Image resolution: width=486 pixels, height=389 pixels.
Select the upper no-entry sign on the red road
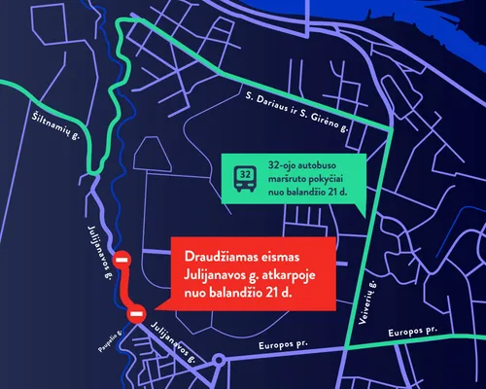click(x=121, y=261)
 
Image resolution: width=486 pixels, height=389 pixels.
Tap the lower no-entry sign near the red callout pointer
click(x=137, y=313)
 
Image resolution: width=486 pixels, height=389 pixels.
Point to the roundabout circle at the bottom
click(x=220, y=360)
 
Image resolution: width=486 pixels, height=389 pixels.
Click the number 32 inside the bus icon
click(x=246, y=174)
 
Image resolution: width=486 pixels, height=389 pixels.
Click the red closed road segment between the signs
click(x=126, y=289)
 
